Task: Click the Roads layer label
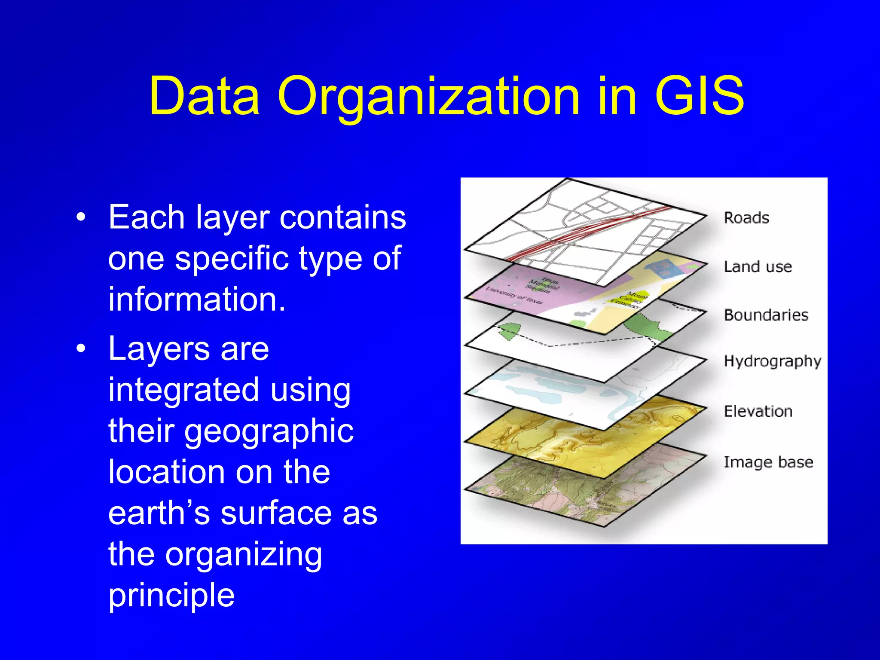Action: point(746,218)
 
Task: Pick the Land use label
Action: point(758,266)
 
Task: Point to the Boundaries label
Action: point(766,315)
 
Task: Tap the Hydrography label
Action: point(772,361)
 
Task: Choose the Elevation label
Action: point(758,411)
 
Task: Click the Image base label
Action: point(768,462)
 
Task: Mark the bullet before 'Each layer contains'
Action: point(81,217)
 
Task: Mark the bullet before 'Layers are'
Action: point(81,349)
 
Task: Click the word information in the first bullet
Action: point(197,299)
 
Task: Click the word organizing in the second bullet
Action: point(244,554)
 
